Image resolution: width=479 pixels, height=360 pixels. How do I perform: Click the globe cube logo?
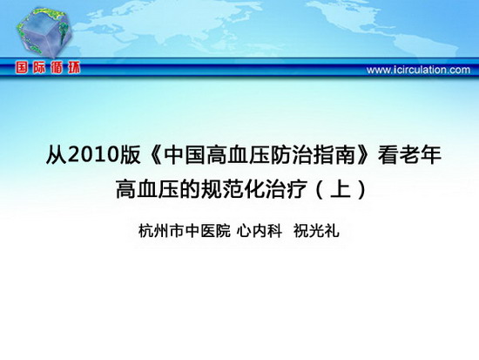point(44,32)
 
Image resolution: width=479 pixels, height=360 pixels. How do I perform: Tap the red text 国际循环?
point(48,68)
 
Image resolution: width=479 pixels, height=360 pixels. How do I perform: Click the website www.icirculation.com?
point(418,70)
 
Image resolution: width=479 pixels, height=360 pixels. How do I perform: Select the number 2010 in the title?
point(93,155)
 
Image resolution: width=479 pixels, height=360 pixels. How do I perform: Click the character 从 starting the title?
point(57,155)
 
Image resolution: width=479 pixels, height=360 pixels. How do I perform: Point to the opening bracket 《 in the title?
point(157,155)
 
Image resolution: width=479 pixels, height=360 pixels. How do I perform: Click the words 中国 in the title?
point(185,155)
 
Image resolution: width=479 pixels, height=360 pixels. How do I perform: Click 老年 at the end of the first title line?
point(421,155)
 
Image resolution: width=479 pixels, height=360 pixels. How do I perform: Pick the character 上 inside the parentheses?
point(341,189)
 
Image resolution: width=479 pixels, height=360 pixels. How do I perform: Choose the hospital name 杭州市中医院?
point(185,231)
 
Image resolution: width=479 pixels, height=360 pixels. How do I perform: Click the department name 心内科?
point(260,231)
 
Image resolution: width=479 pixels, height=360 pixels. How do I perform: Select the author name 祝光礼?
point(316,231)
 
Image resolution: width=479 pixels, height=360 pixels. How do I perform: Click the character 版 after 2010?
point(130,155)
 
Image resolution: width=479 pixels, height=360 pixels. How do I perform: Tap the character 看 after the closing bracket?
point(388,155)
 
